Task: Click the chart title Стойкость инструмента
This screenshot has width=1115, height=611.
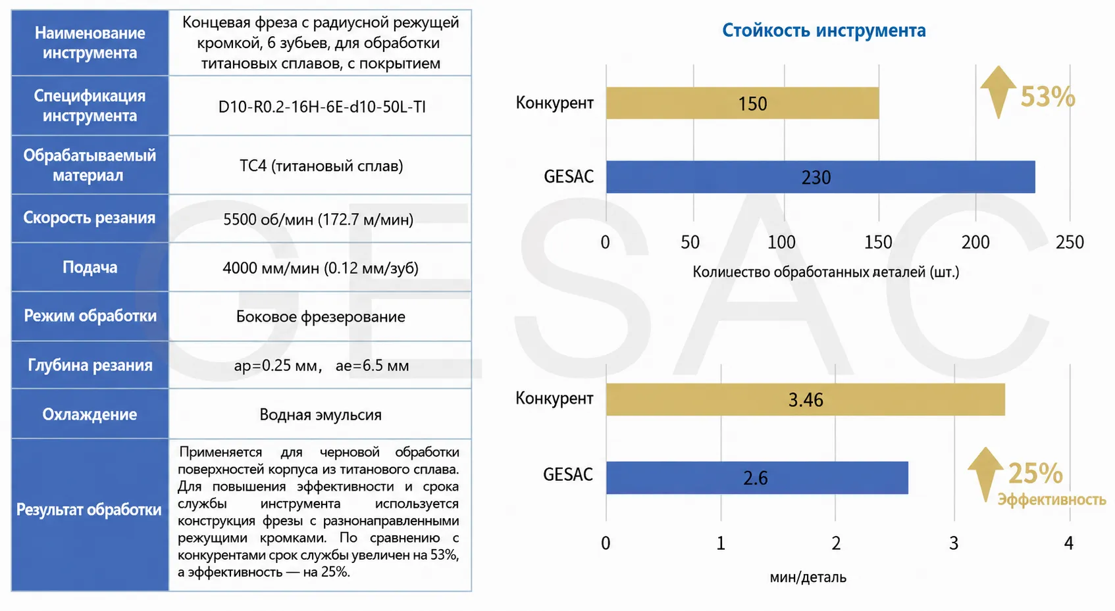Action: pos(824,30)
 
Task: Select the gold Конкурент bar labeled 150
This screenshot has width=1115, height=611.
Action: pos(742,103)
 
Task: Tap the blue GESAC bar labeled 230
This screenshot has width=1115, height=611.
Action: pos(820,177)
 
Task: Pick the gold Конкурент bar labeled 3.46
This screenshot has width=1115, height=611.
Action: pos(806,399)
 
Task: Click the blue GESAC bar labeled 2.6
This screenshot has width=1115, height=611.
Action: pos(757,477)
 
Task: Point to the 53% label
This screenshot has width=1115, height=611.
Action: pos(1048,97)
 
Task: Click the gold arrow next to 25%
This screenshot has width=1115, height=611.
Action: pos(985,474)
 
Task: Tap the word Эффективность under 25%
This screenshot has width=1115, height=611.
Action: pos(1052,499)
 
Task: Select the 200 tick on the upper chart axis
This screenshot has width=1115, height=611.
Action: pos(975,242)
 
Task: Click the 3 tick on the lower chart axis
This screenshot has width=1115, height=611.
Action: pos(954,543)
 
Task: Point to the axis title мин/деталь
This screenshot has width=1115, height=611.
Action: pos(808,577)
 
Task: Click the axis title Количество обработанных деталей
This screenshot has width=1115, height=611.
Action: pos(826,272)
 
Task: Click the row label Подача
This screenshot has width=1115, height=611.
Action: pos(90,267)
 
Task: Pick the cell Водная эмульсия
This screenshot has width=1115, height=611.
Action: pos(320,414)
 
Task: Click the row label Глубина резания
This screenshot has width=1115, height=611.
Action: pos(90,365)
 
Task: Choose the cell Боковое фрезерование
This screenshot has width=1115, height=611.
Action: pos(320,316)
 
